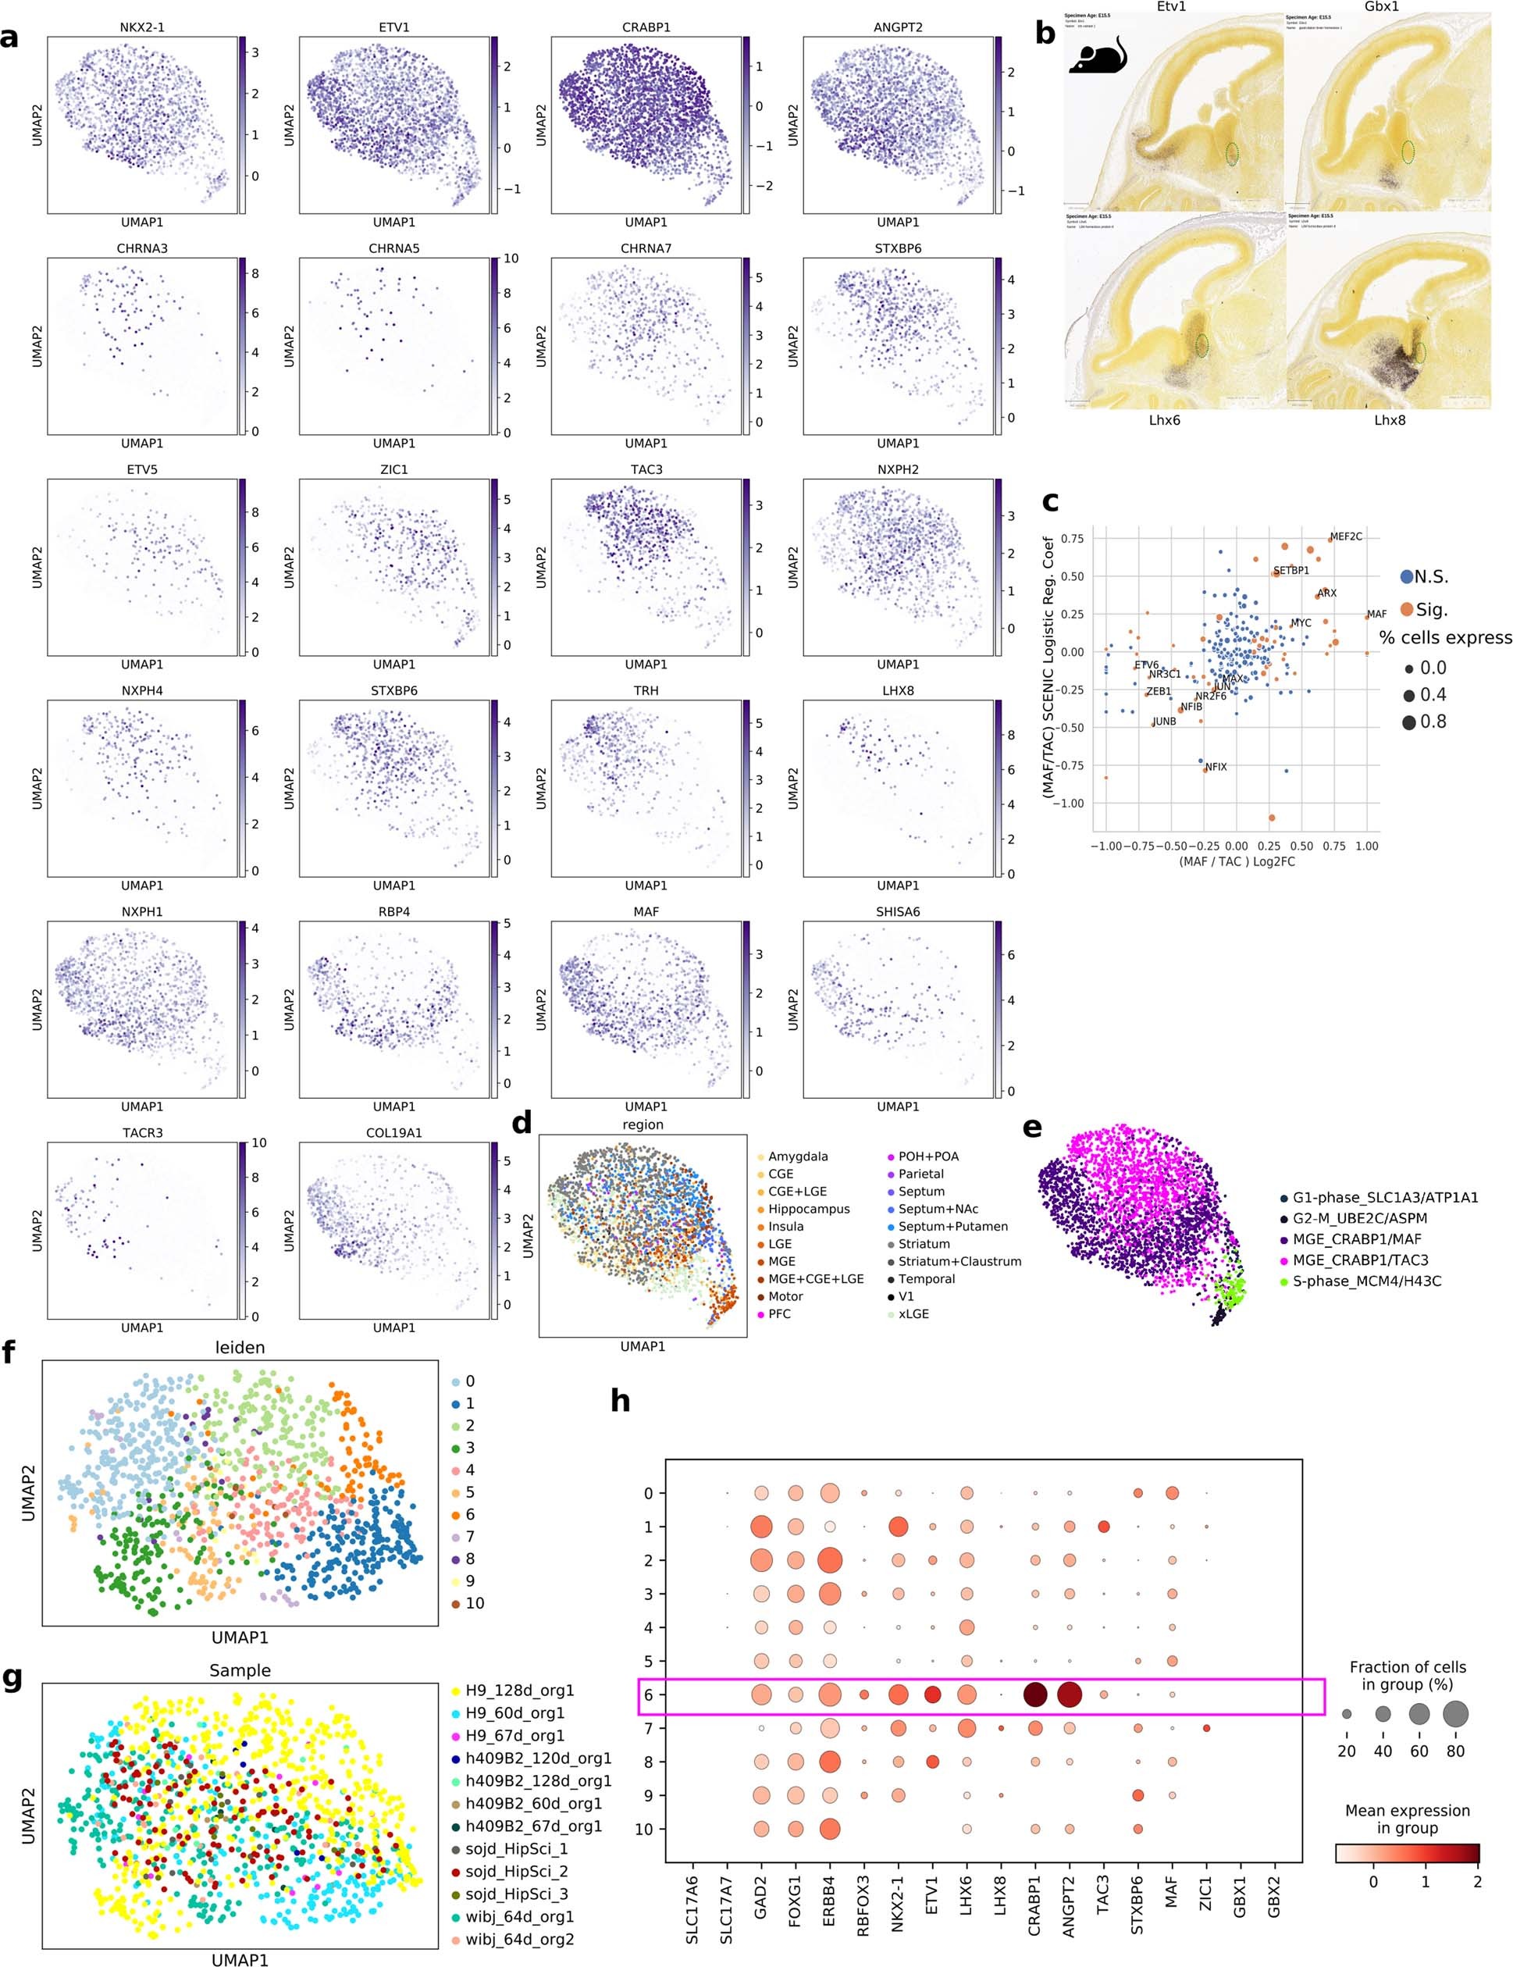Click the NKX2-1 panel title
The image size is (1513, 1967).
pos(142,27)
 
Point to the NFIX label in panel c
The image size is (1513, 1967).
pos(1216,768)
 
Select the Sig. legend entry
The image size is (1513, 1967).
pos(1430,610)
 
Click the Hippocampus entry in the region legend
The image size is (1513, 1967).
pos(808,1209)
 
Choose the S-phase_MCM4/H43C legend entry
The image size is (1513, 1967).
pos(1366,1281)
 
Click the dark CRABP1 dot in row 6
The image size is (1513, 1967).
pos(1034,1695)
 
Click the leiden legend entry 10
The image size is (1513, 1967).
pos(475,1603)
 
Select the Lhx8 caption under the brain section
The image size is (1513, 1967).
pos(1389,419)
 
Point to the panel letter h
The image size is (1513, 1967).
pos(621,1402)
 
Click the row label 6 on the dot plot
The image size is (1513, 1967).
pos(649,1695)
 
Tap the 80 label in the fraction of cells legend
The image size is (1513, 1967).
pos(1455,1751)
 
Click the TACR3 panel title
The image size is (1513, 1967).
pos(142,1133)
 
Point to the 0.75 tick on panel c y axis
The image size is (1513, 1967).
pos(1072,539)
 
